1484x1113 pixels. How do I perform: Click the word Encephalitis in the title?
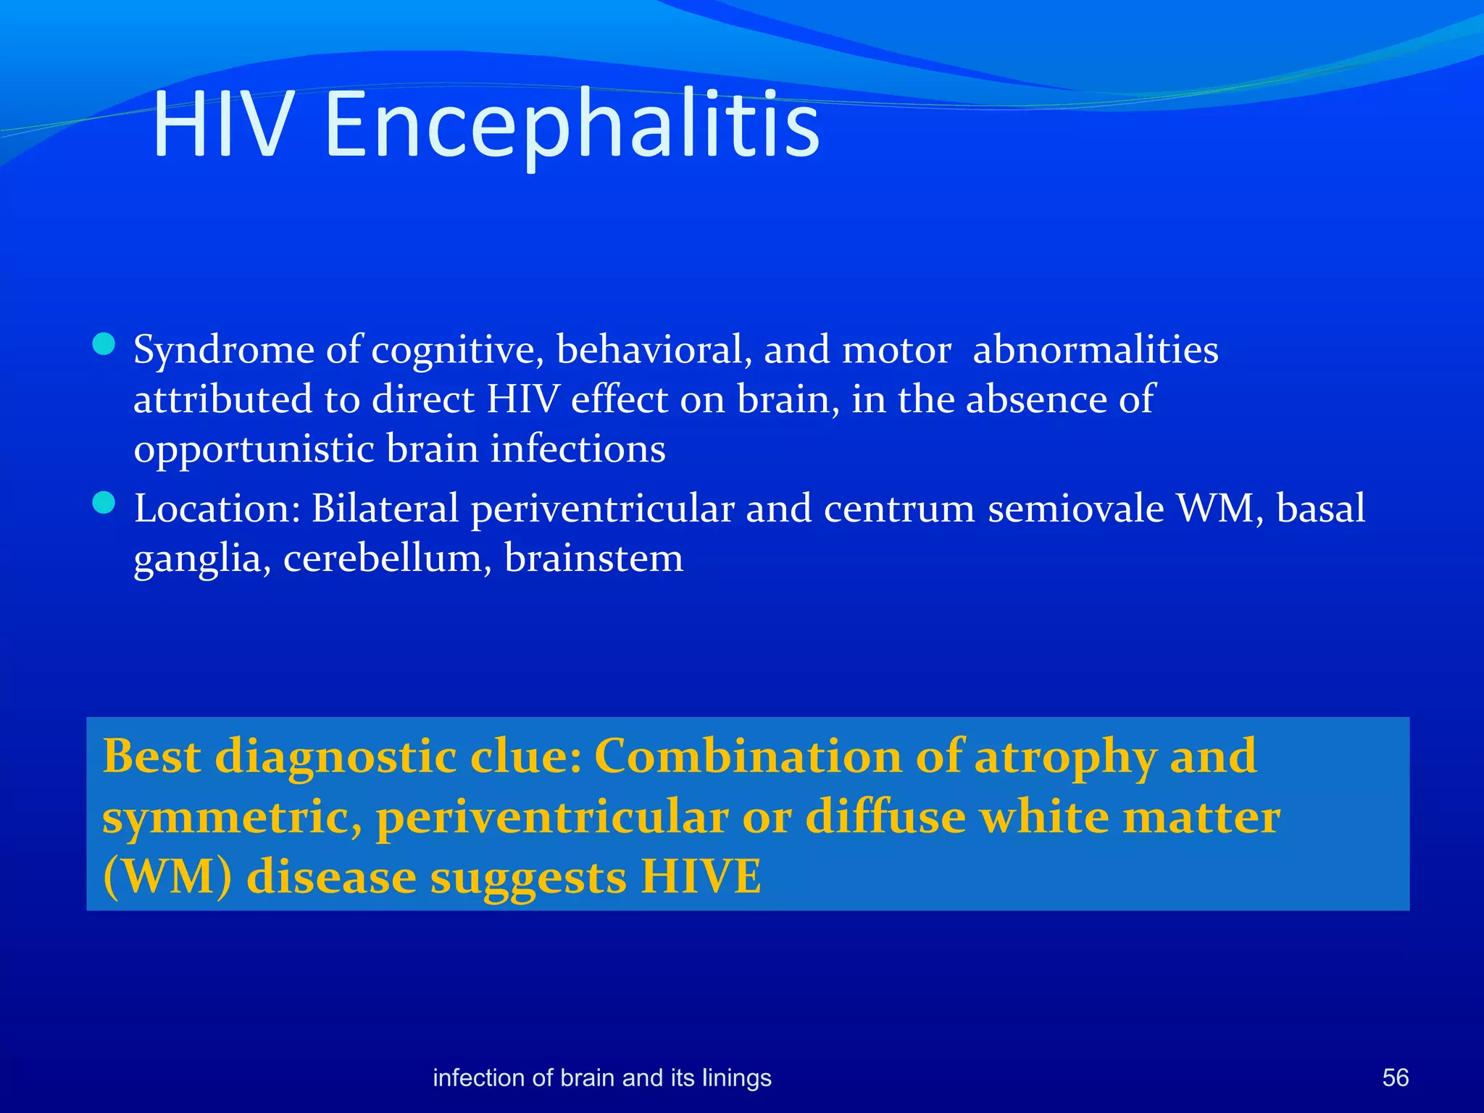click(x=572, y=125)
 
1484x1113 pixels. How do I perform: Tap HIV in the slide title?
click(x=223, y=125)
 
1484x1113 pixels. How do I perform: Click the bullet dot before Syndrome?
click(x=104, y=344)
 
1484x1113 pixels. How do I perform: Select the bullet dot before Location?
click(x=104, y=503)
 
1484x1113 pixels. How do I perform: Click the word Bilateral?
click(x=385, y=508)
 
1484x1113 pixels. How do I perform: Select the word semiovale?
click(x=1075, y=508)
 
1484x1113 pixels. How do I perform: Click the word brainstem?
click(x=593, y=558)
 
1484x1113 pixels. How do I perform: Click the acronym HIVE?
click(x=701, y=877)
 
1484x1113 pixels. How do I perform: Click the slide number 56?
click(x=1395, y=1077)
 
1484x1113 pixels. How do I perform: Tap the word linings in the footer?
click(x=737, y=1078)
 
